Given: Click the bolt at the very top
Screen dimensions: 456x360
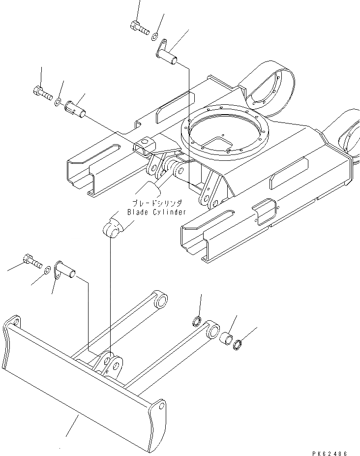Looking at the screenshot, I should [x=139, y=28].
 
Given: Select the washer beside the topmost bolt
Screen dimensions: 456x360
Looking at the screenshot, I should [x=154, y=35].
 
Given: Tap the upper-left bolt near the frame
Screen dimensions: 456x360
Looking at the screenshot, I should [x=43, y=92].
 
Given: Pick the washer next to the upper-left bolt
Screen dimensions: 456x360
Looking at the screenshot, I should [x=58, y=101].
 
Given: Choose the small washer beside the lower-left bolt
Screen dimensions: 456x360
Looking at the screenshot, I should [x=47, y=270].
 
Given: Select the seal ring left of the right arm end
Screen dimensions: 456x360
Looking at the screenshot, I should [x=196, y=322].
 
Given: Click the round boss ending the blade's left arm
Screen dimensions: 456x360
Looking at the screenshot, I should [x=160, y=300].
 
